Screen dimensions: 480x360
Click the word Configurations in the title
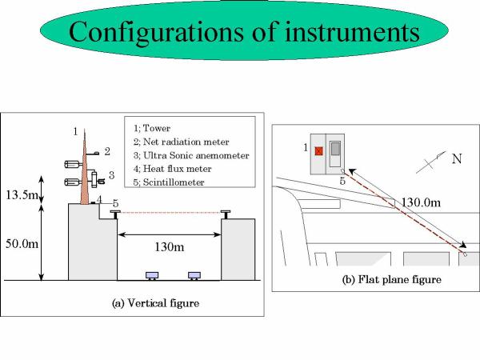coord(157,33)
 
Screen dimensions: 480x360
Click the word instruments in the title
coord(352,32)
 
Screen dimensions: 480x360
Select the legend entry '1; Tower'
coord(152,128)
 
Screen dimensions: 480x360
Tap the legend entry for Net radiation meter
coord(182,142)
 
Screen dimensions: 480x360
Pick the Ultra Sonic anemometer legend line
coord(191,155)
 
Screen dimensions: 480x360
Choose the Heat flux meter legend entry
coord(172,169)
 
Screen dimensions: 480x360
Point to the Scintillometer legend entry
coord(169,182)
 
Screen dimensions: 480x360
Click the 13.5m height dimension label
coord(21,194)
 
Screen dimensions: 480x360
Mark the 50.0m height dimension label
coord(22,244)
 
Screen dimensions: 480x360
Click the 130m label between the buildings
coord(170,246)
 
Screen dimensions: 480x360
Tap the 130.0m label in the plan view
coord(421,202)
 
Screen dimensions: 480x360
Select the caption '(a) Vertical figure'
coord(155,303)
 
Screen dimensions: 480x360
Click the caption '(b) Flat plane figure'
coord(391,279)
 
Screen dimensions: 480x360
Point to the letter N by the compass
coord(457,159)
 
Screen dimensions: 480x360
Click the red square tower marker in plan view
coord(319,151)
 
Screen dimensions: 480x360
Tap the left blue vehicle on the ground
coord(152,275)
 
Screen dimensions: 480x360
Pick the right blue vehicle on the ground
coord(194,275)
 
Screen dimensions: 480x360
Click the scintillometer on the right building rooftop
coord(226,214)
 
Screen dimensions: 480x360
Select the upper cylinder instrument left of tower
coord(72,164)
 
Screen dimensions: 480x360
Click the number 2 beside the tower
coord(107,151)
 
